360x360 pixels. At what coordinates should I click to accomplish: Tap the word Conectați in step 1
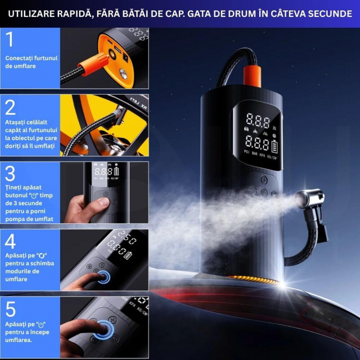21,58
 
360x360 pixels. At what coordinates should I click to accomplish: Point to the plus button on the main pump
263,180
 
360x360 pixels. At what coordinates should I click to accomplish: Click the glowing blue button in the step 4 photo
105,277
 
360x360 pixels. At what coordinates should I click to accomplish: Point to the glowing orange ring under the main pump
252,279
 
